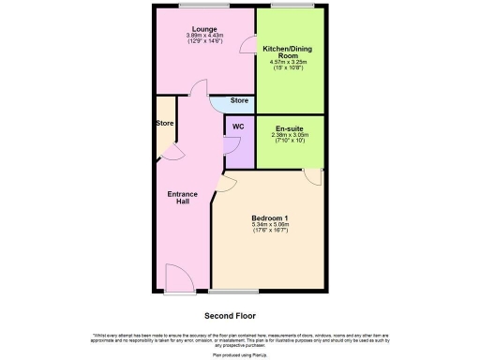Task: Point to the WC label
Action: pos(238,127)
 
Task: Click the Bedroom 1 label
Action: pos(270,218)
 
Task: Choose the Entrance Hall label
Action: pos(182,198)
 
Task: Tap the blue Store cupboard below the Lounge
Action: pos(239,102)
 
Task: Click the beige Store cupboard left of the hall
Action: pos(164,124)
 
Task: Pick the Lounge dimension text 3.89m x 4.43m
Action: pos(206,37)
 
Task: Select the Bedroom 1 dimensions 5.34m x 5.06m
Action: pos(270,226)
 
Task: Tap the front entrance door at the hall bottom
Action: pos(179,277)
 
